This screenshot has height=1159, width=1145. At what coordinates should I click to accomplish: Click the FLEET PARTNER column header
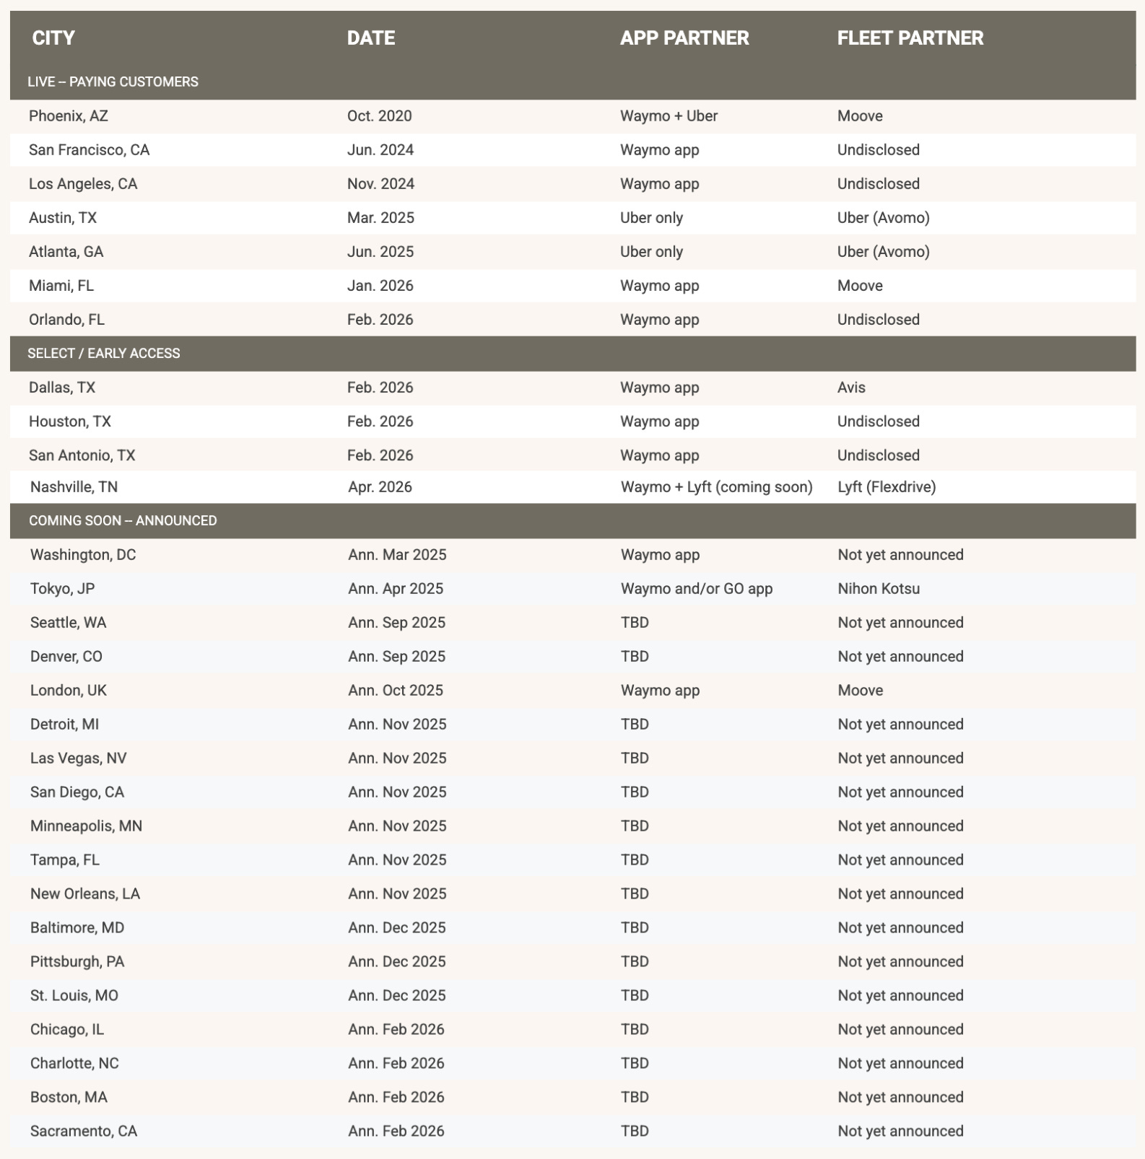pos(910,38)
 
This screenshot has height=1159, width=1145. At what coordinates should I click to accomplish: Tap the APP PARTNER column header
pos(684,38)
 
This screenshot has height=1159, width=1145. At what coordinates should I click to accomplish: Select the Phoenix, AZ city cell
pos(69,116)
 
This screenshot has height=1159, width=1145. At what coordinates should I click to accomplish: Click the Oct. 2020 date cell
pos(379,116)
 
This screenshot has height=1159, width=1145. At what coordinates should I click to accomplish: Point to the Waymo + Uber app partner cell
pos(669,116)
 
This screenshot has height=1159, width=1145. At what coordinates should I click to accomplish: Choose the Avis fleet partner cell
pos(851,388)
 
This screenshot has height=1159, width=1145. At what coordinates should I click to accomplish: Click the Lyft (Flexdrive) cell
pos(887,487)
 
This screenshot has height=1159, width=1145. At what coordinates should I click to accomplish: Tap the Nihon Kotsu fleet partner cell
pos(879,589)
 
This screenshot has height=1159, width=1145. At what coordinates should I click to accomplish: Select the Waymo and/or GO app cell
pos(696,589)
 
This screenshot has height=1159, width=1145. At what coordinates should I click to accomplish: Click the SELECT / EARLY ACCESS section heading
pos(104,354)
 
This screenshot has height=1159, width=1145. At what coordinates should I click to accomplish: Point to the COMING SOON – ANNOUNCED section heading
pos(123,521)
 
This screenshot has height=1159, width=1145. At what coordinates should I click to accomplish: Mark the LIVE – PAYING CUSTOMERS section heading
pos(113,82)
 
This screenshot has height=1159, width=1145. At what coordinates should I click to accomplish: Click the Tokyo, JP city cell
pos(62,589)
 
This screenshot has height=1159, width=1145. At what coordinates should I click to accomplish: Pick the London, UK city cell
pos(69,691)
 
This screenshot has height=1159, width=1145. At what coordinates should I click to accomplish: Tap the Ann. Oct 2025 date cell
pos(396,691)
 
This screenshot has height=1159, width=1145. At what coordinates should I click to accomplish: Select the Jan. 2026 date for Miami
pos(380,286)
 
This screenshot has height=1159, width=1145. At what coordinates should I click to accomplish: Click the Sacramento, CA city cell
pos(84,1132)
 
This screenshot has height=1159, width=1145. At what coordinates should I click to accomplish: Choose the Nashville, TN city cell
pos(74,487)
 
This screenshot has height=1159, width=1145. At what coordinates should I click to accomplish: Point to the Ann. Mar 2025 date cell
pos(397,555)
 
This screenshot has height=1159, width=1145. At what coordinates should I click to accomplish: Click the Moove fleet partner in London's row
pos(860,691)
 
